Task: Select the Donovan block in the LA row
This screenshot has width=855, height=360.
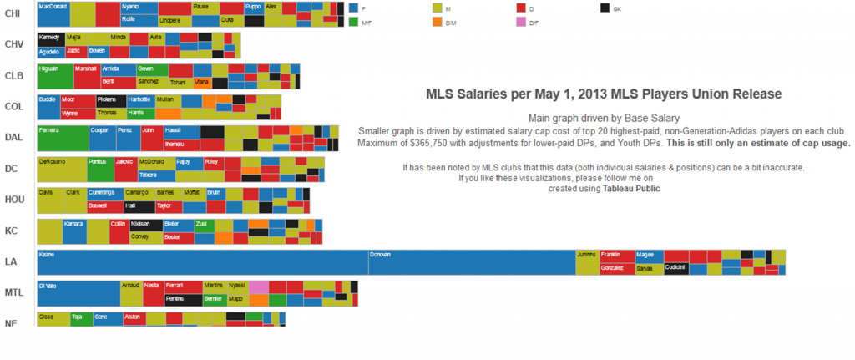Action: [x=472, y=262]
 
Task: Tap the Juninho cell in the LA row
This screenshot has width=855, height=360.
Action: [x=587, y=262]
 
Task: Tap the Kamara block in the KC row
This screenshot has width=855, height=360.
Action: [x=74, y=231]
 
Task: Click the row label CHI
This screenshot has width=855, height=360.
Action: [x=13, y=13]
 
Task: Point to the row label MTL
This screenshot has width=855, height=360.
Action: [x=14, y=293]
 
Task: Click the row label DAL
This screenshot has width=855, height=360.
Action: [x=13, y=138]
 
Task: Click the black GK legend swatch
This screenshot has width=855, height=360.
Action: [x=605, y=8]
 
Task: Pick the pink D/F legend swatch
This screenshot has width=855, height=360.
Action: [x=522, y=23]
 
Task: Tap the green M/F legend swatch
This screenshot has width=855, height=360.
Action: [x=353, y=23]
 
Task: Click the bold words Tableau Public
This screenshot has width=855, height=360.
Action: [x=631, y=189]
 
